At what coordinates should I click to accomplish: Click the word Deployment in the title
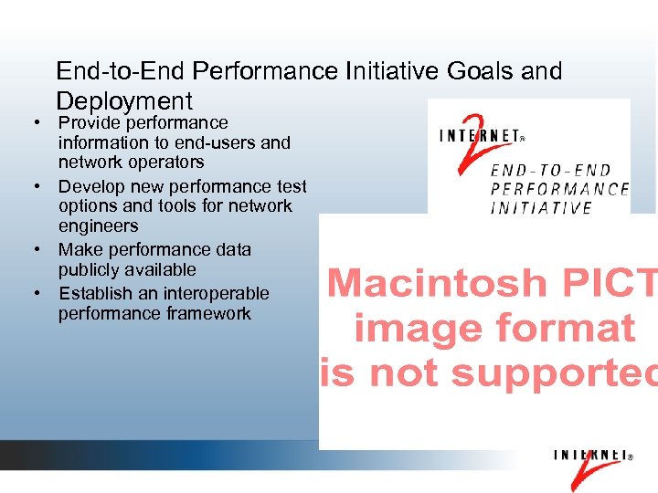(x=124, y=100)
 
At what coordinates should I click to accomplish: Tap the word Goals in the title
(x=483, y=70)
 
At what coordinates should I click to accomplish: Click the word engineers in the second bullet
(x=98, y=226)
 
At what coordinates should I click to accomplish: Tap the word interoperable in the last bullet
(x=217, y=293)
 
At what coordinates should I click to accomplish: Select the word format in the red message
(x=575, y=329)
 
